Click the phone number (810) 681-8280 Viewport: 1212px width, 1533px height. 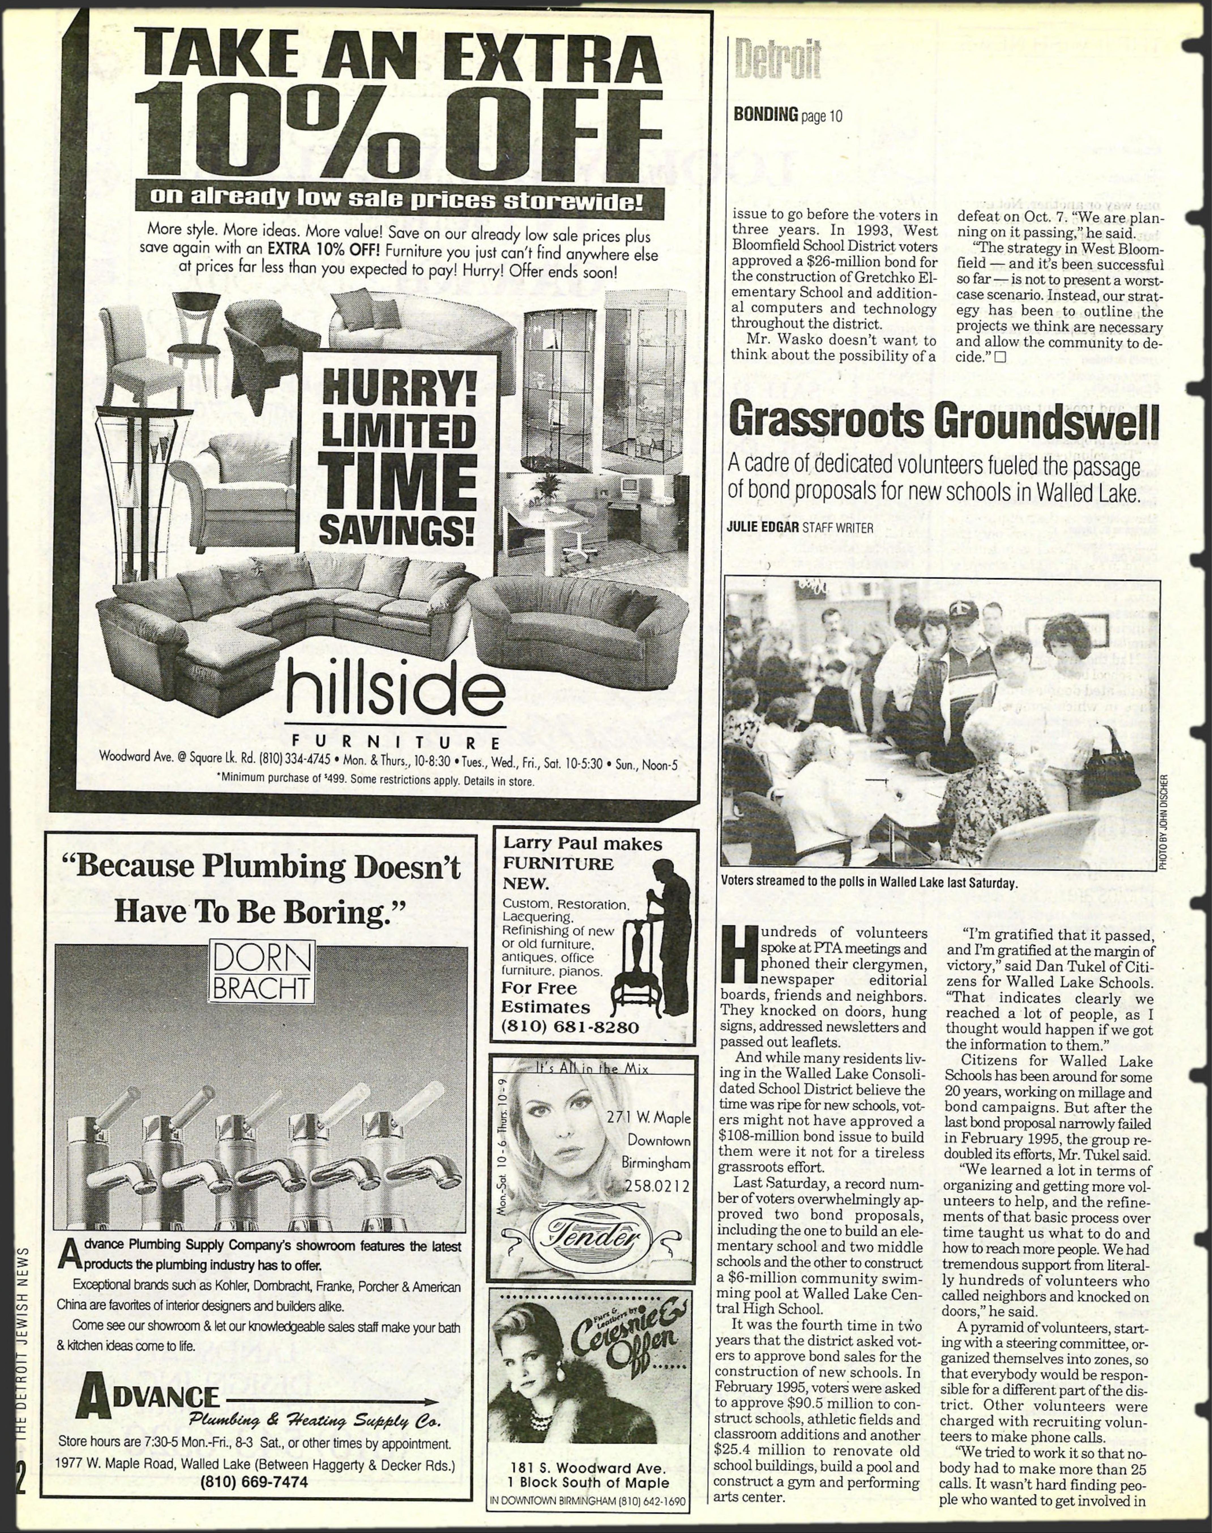[x=570, y=1027]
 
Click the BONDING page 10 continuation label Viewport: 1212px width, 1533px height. [x=788, y=115]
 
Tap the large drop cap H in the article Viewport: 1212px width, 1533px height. [x=738, y=964]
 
